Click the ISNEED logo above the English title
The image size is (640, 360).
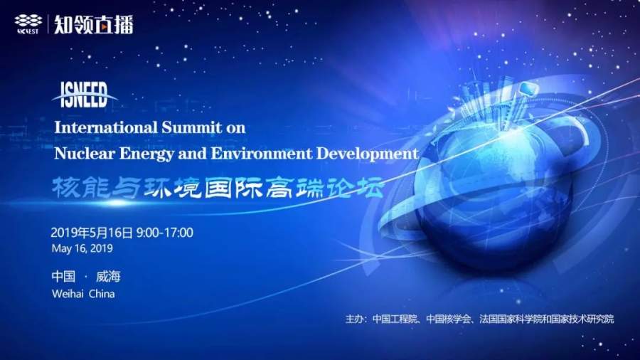84,95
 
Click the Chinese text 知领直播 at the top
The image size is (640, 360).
94,24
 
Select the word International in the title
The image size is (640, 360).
106,128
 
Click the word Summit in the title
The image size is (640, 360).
191,128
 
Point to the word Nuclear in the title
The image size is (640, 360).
85,154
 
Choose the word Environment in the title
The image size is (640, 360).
261,154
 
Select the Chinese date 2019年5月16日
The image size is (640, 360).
92,233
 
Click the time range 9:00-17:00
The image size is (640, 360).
165,233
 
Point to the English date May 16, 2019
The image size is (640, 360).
82,248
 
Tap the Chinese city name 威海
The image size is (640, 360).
108,277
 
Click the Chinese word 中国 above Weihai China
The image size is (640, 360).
63,277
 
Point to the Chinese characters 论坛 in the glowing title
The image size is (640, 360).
354,188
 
